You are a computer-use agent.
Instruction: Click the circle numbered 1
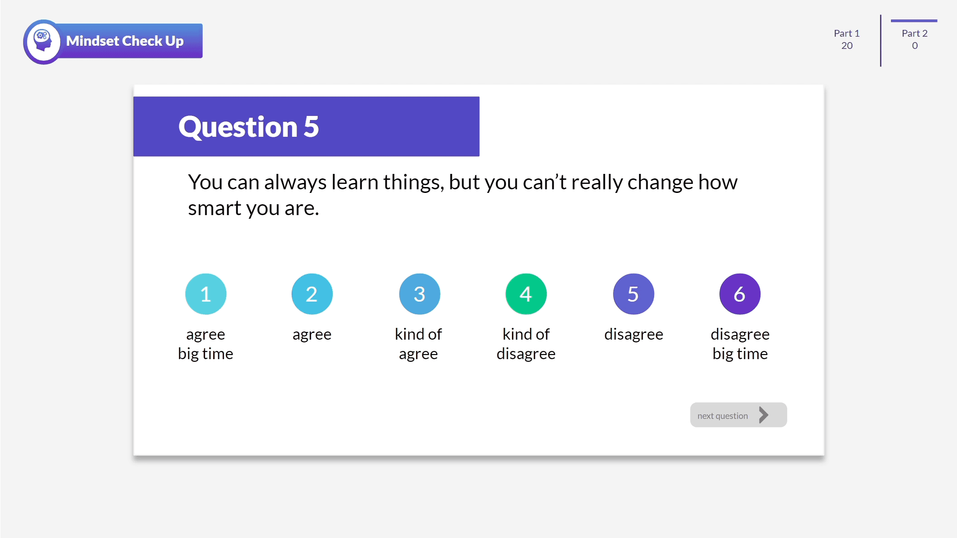coord(206,294)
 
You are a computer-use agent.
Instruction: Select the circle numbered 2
coord(312,294)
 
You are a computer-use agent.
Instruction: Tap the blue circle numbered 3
coord(419,294)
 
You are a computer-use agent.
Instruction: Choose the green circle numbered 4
coord(526,294)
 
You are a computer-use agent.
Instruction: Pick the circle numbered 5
coord(633,294)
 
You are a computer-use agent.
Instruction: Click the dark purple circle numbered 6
coord(740,294)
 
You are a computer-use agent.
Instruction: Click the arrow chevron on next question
coord(764,415)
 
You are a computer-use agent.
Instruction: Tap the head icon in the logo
coord(43,41)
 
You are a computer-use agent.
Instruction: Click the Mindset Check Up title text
coord(125,41)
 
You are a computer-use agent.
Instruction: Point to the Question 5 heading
coord(249,126)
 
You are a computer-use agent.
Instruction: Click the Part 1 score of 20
coord(847,45)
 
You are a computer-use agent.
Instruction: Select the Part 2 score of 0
coord(914,45)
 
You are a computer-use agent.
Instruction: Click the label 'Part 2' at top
coord(914,33)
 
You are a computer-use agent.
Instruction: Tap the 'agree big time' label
coord(206,344)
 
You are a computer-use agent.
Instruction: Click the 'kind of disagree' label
coord(526,344)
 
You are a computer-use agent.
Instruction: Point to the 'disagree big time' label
coord(740,344)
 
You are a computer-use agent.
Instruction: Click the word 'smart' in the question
coord(215,208)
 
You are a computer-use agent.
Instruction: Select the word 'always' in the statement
coord(295,183)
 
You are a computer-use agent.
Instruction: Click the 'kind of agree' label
coord(418,344)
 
